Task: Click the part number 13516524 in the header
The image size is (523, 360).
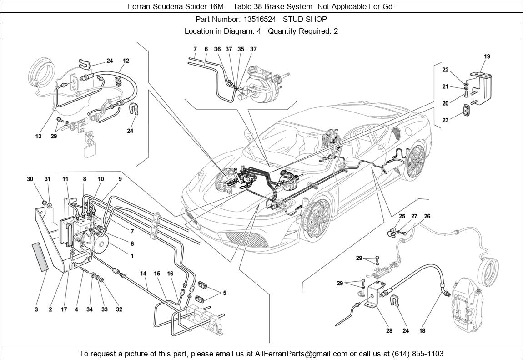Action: (258, 19)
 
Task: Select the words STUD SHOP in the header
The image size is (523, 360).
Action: (305, 19)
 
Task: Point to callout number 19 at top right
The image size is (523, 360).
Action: (487, 56)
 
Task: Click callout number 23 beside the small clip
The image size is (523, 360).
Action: (445, 121)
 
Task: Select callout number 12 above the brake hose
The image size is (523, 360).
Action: (126, 61)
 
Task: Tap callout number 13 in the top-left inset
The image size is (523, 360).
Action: (38, 136)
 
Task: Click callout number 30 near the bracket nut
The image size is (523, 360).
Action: (30, 179)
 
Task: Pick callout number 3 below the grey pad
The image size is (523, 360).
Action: (36, 310)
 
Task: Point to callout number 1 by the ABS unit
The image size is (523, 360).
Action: (132, 256)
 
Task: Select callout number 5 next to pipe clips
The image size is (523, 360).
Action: (224, 294)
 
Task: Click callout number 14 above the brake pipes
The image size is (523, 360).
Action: (143, 274)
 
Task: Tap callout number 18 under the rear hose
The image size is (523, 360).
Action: (422, 331)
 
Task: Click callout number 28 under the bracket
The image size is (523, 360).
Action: (389, 331)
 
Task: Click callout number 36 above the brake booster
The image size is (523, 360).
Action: (217, 49)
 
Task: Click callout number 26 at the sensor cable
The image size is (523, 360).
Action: (427, 216)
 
